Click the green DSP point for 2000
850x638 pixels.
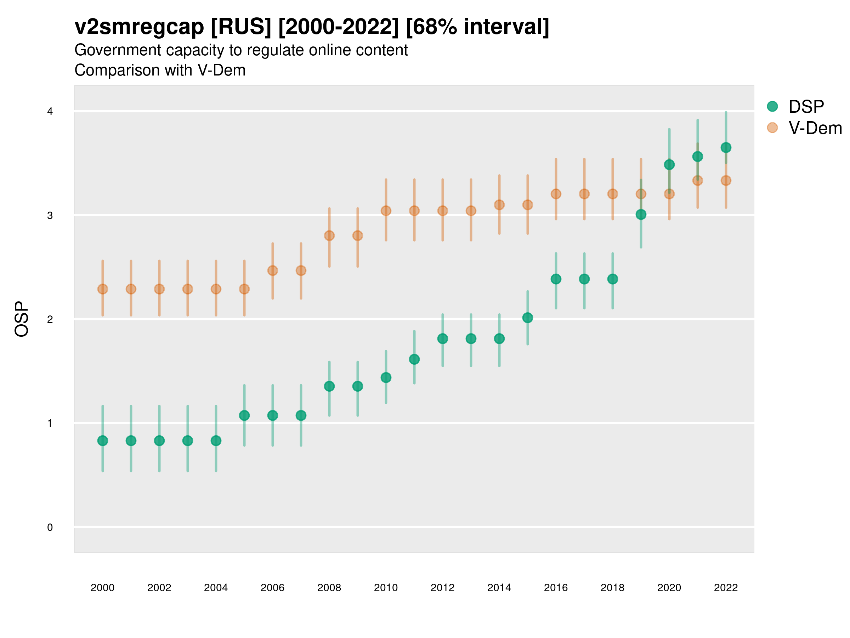point(103,441)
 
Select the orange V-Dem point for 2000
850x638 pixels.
point(103,289)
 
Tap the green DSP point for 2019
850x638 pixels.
point(641,214)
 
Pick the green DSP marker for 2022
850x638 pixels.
point(726,147)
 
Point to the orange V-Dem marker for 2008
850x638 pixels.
point(329,235)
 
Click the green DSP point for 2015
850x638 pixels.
point(528,318)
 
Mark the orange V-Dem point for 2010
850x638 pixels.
point(386,211)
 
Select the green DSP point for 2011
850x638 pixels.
point(414,359)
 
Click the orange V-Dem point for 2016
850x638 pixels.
point(556,194)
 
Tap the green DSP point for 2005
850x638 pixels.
point(244,415)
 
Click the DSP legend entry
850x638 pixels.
point(806,107)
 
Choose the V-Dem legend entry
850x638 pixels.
point(815,128)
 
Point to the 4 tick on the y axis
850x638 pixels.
point(50,112)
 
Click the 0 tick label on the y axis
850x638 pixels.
point(50,527)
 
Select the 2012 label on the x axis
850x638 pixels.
point(442,588)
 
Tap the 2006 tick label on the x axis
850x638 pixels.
point(272,588)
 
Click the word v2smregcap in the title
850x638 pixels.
point(139,27)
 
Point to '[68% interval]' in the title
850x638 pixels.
point(477,27)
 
